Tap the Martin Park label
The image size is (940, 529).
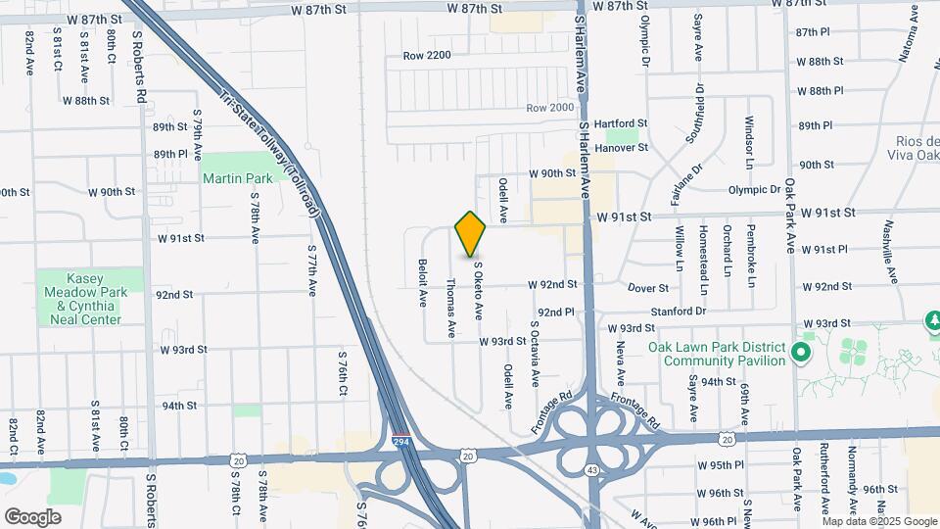237,179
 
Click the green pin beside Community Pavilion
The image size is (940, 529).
802,352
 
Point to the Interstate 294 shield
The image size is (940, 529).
400,442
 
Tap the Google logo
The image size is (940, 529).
32,516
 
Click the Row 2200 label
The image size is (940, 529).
427,56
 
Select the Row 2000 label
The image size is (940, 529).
549,108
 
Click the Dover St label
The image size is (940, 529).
647,288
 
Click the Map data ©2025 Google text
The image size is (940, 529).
877,520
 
